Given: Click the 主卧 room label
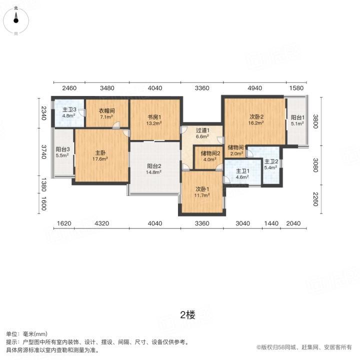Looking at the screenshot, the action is tap(100, 152).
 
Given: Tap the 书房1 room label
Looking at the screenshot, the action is tap(154, 117).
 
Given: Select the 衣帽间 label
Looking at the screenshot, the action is tap(106, 110).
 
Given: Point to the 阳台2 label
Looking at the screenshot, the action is tap(154, 166).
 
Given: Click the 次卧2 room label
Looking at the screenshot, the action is tap(256, 117).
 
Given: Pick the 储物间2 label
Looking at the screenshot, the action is tap(210, 153).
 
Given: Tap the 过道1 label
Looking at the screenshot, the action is tap(202, 130).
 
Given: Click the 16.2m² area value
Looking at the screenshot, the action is tap(256, 123).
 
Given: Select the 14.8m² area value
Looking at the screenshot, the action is tap(153, 172).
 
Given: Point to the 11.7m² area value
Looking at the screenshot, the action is tap(202, 195).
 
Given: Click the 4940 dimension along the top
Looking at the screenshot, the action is tap(255, 88).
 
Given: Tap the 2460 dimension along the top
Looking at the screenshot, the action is tap(69, 88).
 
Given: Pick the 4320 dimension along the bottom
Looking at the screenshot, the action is tap(101, 223).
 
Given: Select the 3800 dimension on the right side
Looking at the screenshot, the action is tap(315, 121).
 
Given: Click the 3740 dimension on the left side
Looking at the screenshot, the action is tap(43, 152).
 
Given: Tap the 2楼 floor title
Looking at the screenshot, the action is tap(187, 315).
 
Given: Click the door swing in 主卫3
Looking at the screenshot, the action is tap(82, 112).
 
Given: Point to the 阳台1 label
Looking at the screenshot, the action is tap(297, 117).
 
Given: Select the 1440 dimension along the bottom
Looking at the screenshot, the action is tap(271, 223).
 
